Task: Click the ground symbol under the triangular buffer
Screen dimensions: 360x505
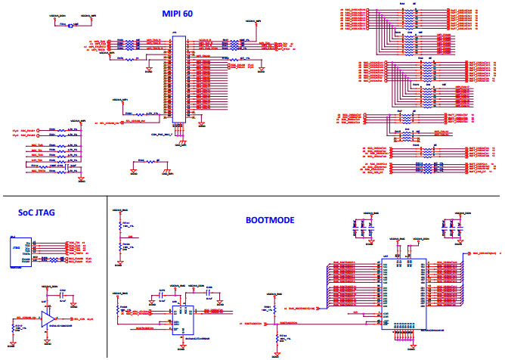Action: tap(50, 344)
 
